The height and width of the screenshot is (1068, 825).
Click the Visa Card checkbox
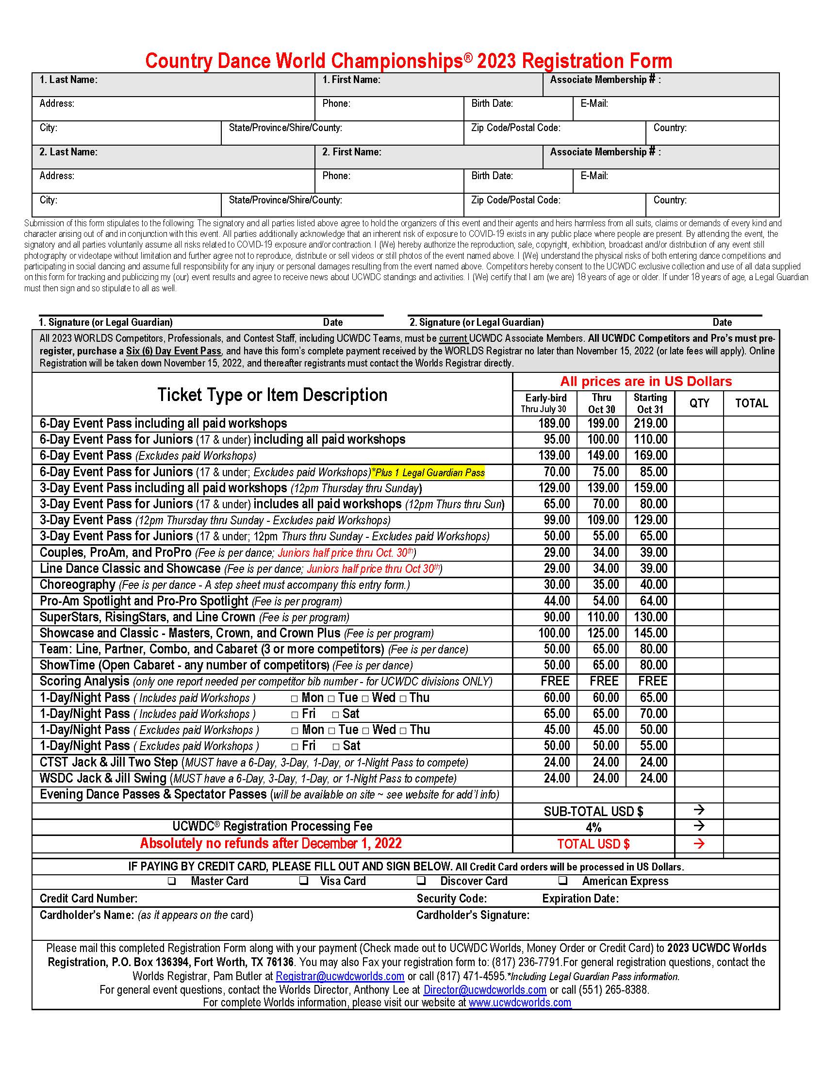[x=304, y=880]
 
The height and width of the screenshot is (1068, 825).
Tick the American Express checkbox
[x=563, y=880]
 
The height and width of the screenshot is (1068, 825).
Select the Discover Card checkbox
[x=421, y=880]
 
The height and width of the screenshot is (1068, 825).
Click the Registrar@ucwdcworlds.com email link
[x=340, y=976]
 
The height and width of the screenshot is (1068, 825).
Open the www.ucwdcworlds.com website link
[x=520, y=1002]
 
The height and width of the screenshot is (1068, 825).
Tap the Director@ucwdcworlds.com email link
[x=484, y=989]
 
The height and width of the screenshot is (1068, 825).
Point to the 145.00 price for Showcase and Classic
[x=650, y=633]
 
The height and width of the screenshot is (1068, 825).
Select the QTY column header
[x=699, y=403]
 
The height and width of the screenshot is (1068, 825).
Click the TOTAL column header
[x=751, y=403]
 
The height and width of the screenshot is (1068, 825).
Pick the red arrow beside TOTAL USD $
[x=699, y=844]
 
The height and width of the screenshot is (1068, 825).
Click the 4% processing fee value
[x=594, y=827]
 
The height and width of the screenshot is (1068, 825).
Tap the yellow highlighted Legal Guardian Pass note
[x=428, y=472]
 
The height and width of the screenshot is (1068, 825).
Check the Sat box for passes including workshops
[x=336, y=715]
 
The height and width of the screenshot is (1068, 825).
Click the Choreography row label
[x=77, y=584]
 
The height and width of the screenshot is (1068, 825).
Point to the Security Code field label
[x=451, y=898]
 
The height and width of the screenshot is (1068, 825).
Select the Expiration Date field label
[x=580, y=898]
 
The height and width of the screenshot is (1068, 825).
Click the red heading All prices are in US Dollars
[x=645, y=382]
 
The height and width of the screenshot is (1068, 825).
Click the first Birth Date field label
[x=492, y=104]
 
